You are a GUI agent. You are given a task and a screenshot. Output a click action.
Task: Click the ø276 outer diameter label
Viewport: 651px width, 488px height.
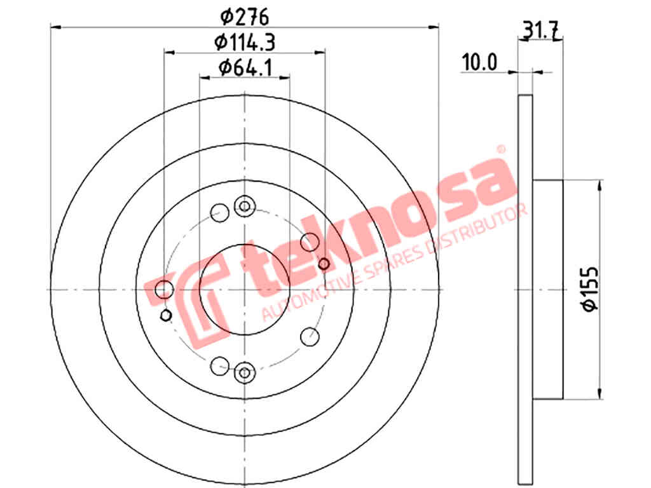[245, 17]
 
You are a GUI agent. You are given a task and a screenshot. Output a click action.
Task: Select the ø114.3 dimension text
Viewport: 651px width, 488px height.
[245, 42]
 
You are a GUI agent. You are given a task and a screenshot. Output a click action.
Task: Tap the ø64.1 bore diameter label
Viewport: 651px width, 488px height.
[245, 67]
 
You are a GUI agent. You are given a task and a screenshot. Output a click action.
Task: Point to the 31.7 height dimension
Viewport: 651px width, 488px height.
[540, 30]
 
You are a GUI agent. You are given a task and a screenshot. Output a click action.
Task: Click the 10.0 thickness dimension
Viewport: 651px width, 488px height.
[479, 63]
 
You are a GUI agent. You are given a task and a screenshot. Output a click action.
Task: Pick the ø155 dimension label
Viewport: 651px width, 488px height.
[590, 289]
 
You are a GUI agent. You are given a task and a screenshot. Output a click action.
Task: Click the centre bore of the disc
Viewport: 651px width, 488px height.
[245, 290]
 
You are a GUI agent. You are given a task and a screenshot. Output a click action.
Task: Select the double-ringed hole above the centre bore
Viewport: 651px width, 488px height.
[245, 206]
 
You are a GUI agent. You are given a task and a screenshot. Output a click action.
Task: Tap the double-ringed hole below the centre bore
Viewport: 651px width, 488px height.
[245, 372]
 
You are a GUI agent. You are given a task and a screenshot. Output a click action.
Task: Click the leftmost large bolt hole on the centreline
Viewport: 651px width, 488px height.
[165, 289]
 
